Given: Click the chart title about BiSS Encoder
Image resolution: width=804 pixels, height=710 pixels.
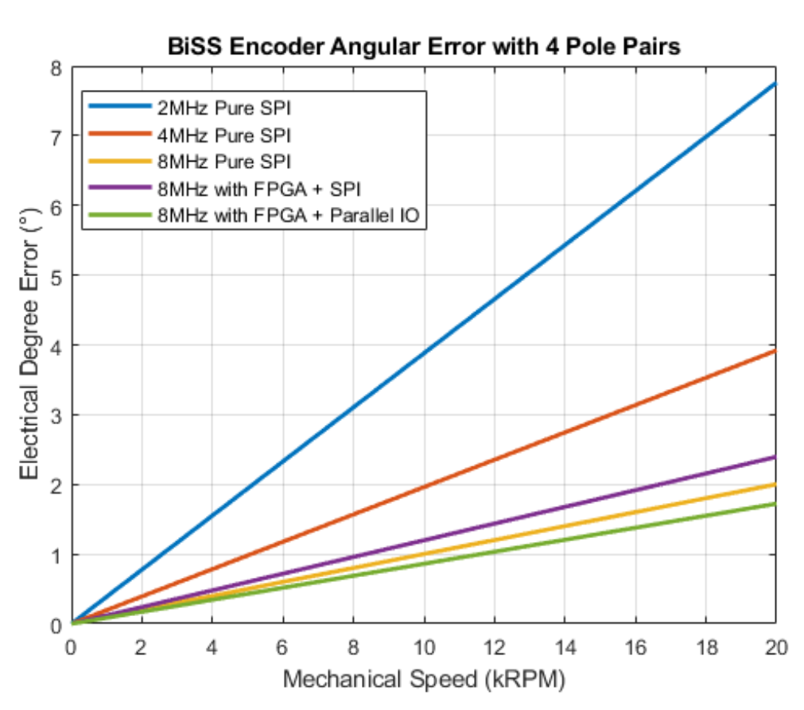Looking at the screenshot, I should (x=424, y=46).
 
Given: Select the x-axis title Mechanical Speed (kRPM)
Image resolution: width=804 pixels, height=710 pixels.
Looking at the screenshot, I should (x=423, y=679).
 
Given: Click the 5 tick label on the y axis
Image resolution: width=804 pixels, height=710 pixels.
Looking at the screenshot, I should (x=56, y=275).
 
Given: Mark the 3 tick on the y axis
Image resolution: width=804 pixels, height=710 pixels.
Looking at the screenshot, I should (x=56, y=415).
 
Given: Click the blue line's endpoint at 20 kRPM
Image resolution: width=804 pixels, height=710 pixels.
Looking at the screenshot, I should (x=775, y=83).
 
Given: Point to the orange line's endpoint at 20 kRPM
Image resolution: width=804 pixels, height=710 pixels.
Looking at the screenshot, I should (x=775, y=350).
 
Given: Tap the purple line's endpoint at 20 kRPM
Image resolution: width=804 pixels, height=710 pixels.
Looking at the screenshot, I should (x=775, y=457).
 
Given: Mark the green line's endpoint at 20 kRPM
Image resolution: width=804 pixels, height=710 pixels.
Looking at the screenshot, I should (x=775, y=503).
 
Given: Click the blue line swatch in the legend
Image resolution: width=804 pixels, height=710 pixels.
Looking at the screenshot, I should (x=118, y=106).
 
